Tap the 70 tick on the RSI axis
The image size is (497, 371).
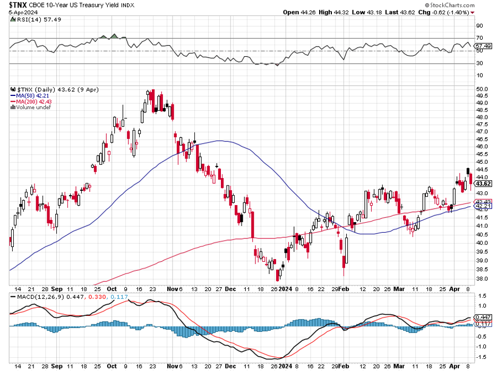click(479, 38)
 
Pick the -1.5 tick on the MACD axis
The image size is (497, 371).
click(481, 357)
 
